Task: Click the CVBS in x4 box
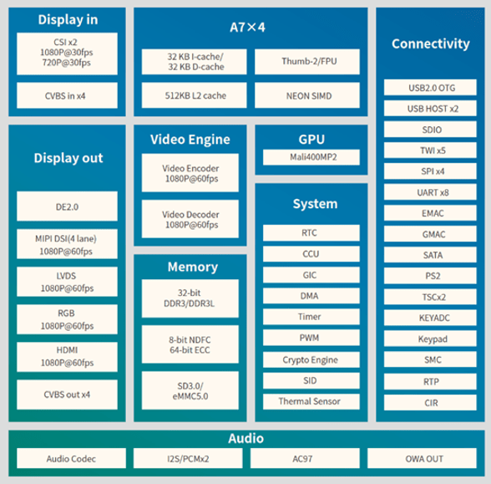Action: pos(67,95)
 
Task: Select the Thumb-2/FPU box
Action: pos(307,62)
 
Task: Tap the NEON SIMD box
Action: pos(307,95)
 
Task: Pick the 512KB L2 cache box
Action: pos(194,95)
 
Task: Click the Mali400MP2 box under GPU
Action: pos(311,157)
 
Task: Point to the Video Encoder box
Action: pos(190,173)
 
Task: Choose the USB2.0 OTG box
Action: pos(430,88)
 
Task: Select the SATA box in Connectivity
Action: pos(430,255)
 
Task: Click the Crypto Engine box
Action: pos(311,359)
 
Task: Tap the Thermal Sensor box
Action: pos(311,401)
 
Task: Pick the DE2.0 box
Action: pos(67,206)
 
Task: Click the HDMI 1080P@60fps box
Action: pos(67,357)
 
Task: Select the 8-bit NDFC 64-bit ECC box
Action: pos(190,344)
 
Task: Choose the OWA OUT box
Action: pos(422,458)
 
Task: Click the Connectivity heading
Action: pos(431,43)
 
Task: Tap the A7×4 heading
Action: pos(247,28)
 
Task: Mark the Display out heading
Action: pos(68,158)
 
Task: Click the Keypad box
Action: pos(430,339)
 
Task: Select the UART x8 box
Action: pos(430,192)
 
